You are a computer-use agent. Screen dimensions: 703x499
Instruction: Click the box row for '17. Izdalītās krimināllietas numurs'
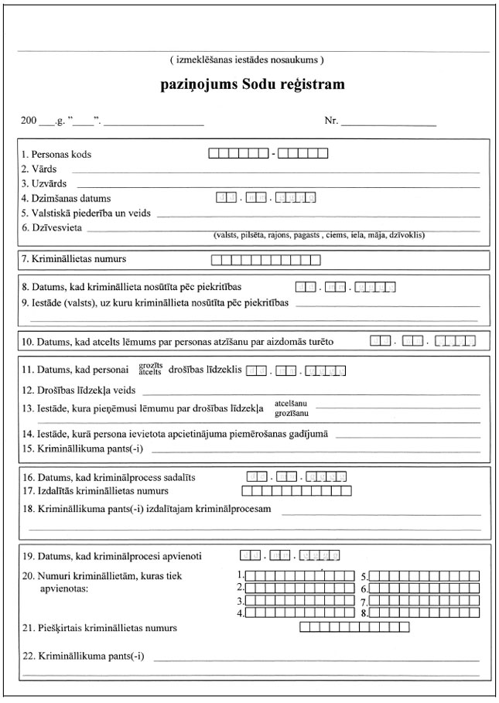[x=297, y=490]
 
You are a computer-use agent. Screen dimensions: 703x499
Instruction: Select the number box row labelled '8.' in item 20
[x=423, y=613]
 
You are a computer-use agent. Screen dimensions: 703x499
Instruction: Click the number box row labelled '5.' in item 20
[x=423, y=576]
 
